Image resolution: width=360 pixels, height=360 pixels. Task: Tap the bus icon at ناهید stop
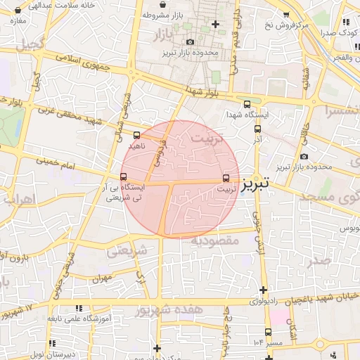pyautogui.click(x=136, y=136)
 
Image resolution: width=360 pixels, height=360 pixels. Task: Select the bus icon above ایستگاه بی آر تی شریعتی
pyautogui.click(x=124, y=177)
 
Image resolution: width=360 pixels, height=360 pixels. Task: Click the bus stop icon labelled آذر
pyautogui.click(x=257, y=129)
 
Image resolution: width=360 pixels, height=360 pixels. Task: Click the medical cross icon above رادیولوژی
pyautogui.click(x=263, y=290)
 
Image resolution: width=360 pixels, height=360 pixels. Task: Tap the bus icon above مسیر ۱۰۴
pyautogui.click(x=268, y=332)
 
